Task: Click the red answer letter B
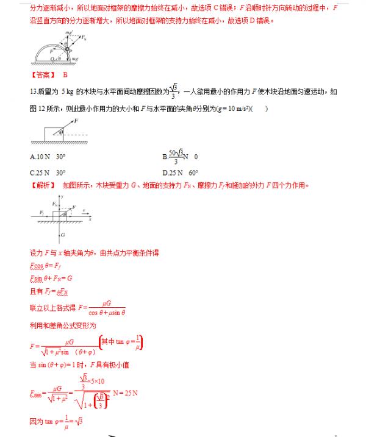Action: click(65, 74)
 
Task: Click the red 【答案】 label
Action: click(42, 74)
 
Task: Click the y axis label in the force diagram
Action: click(63, 196)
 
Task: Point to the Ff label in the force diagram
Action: click(41, 212)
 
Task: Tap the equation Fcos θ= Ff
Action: click(46, 265)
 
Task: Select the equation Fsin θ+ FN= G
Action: click(52, 279)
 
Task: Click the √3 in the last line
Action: click(79, 421)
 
